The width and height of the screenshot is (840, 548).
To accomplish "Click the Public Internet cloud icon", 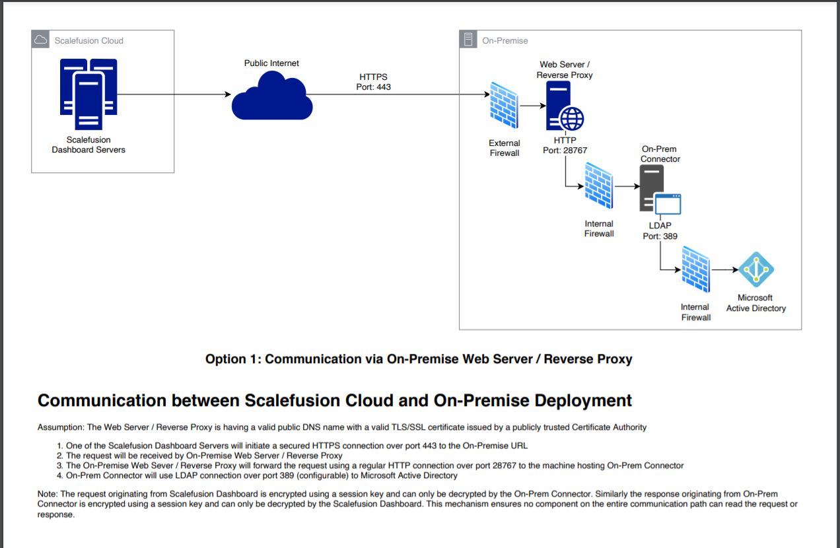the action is [272, 96].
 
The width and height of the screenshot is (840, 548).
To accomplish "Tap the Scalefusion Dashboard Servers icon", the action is [88, 94].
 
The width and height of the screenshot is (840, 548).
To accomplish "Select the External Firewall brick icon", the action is [504, 106].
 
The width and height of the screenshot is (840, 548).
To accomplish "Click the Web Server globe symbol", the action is [571, 119].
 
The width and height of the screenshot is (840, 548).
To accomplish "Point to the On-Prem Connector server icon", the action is [660, 189].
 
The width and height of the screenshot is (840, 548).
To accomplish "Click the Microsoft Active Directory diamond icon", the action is [756, 269].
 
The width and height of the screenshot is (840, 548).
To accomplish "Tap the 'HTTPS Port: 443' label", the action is [373, 82].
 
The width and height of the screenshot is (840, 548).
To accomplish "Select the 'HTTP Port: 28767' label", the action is [565, 145].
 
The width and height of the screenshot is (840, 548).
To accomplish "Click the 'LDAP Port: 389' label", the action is [660, 231].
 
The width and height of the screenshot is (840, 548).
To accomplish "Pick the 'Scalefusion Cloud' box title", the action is [89, 40].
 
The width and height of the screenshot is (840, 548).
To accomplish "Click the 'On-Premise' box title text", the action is [505, 40].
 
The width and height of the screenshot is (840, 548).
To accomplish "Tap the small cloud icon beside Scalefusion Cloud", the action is [40, 40].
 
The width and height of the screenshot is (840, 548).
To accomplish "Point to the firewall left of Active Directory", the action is [695, 269].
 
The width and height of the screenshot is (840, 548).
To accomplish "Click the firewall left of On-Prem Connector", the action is [599, 186].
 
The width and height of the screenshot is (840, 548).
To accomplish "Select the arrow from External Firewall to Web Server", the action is [533, 106].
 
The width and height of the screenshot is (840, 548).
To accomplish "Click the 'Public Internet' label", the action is [271, 63].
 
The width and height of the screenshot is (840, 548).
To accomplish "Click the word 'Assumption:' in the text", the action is [61, 427].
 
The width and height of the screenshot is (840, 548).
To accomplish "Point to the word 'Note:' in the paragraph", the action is [48, 494].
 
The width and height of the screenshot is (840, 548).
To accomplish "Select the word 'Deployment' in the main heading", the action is [583, 401].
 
